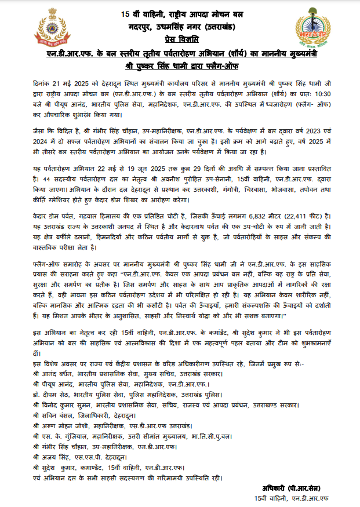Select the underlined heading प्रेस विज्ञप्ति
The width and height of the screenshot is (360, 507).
(180, 39)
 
